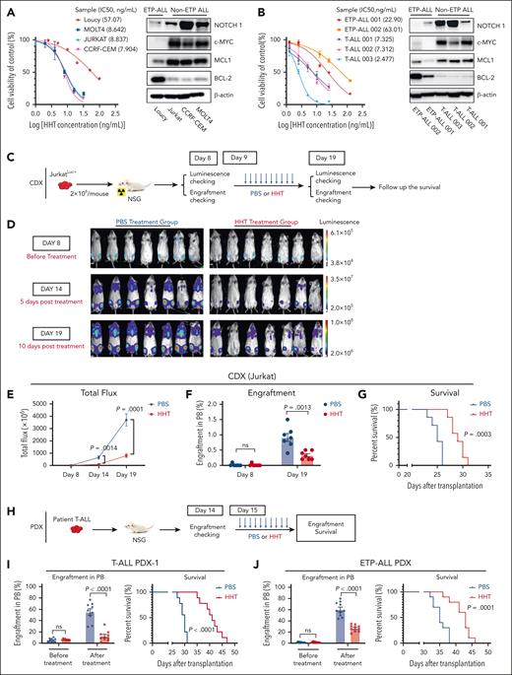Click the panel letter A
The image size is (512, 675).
click(8, 9)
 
